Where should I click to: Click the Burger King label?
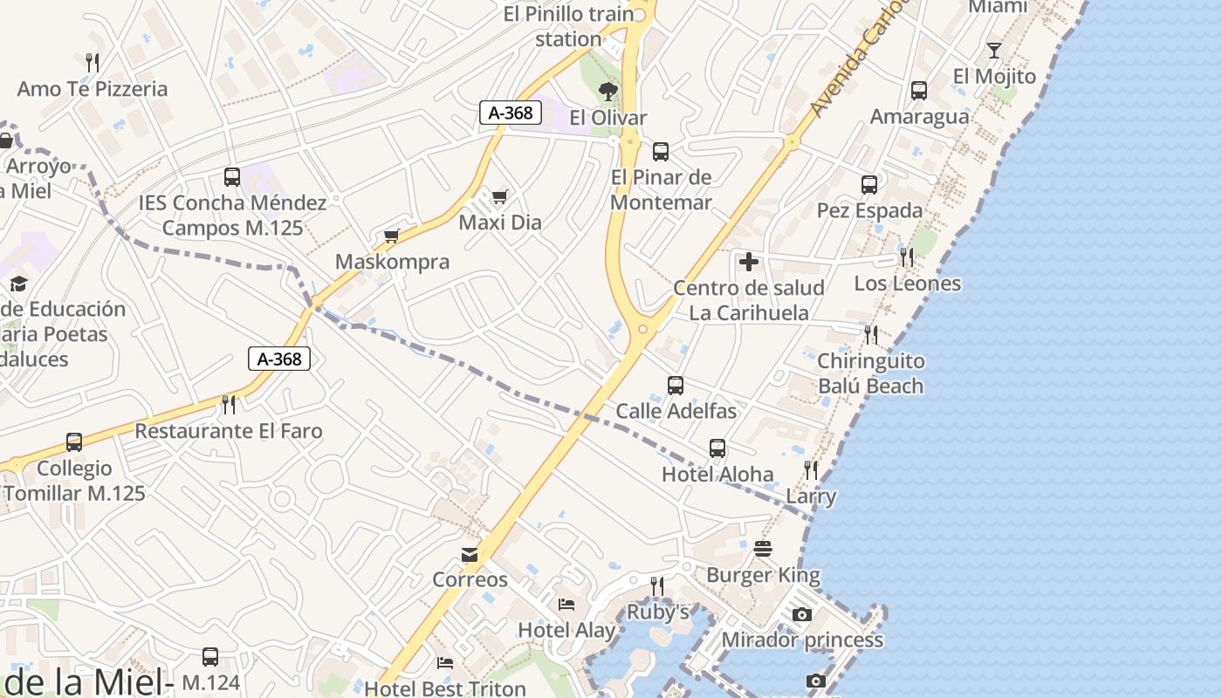(763, 575)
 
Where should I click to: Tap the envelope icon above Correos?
(470, 555)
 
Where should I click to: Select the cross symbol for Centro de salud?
(748, 262)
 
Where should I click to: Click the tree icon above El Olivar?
(608, 91)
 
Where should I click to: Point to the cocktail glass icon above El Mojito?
(993, 50)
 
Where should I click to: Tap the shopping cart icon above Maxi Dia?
(499, 197)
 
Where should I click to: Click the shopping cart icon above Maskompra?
(392, 236)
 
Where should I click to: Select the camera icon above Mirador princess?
(801, 615)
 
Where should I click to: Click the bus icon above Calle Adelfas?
(675, 385)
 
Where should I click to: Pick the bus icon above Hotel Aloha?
(717, 448)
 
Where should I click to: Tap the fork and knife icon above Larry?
(811, 471)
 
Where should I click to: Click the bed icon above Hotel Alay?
(566, 604)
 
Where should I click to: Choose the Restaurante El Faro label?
(229, 431)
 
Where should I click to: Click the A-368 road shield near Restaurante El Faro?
(279, 359)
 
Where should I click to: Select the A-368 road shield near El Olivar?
(511, 113)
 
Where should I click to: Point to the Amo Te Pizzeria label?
(93, 89)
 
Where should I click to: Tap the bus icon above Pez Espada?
(868, 185)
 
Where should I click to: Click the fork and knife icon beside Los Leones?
(907, 257)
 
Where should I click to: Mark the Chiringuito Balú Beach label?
(870, 373)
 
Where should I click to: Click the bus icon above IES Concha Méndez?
(232, 177)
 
